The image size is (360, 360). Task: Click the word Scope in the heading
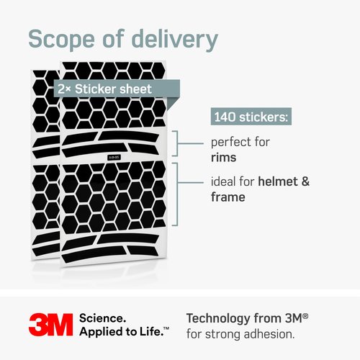coord(61,40)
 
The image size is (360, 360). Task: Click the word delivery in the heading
coord(175,40)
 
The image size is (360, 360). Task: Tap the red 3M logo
coord(50,325)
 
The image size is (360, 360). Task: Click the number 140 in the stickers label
coord(225,117)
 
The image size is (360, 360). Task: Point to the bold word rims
coord(224,158)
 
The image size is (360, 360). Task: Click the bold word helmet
coord(278,181)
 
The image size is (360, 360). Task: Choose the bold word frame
coord(228,197)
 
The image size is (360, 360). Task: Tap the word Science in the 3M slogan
coord(102,318)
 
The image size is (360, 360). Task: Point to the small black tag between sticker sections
coord(114,158)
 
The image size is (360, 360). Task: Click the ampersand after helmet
coord(305,181)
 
